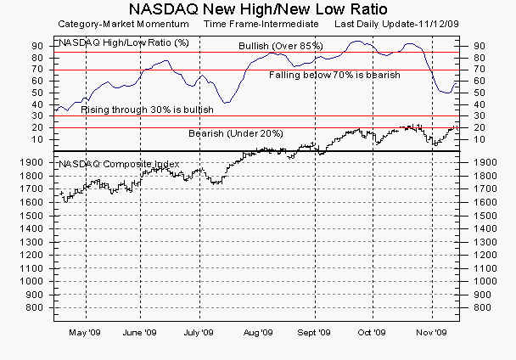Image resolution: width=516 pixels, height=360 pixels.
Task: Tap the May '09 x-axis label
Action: [x=85, y=333]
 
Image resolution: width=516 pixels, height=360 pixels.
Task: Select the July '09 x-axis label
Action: [x=199, y=333]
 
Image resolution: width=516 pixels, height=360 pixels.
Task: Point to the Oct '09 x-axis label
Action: [x=372, y=333]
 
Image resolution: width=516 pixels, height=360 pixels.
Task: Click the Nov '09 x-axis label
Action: [x=431, y=333]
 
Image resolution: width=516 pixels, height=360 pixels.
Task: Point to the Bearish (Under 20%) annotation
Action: [x=235, y=134]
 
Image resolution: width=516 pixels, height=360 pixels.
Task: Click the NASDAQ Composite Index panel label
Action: [x=118, y=163]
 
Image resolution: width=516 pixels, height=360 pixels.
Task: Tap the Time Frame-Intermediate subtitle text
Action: [x=261, y=25]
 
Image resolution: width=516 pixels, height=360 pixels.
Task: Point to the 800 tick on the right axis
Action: [x=480, y=307]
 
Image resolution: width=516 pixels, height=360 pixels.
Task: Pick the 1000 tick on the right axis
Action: [x=482, y=281]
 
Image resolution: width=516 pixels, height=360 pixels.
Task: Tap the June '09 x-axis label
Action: [x=140, y=333]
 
